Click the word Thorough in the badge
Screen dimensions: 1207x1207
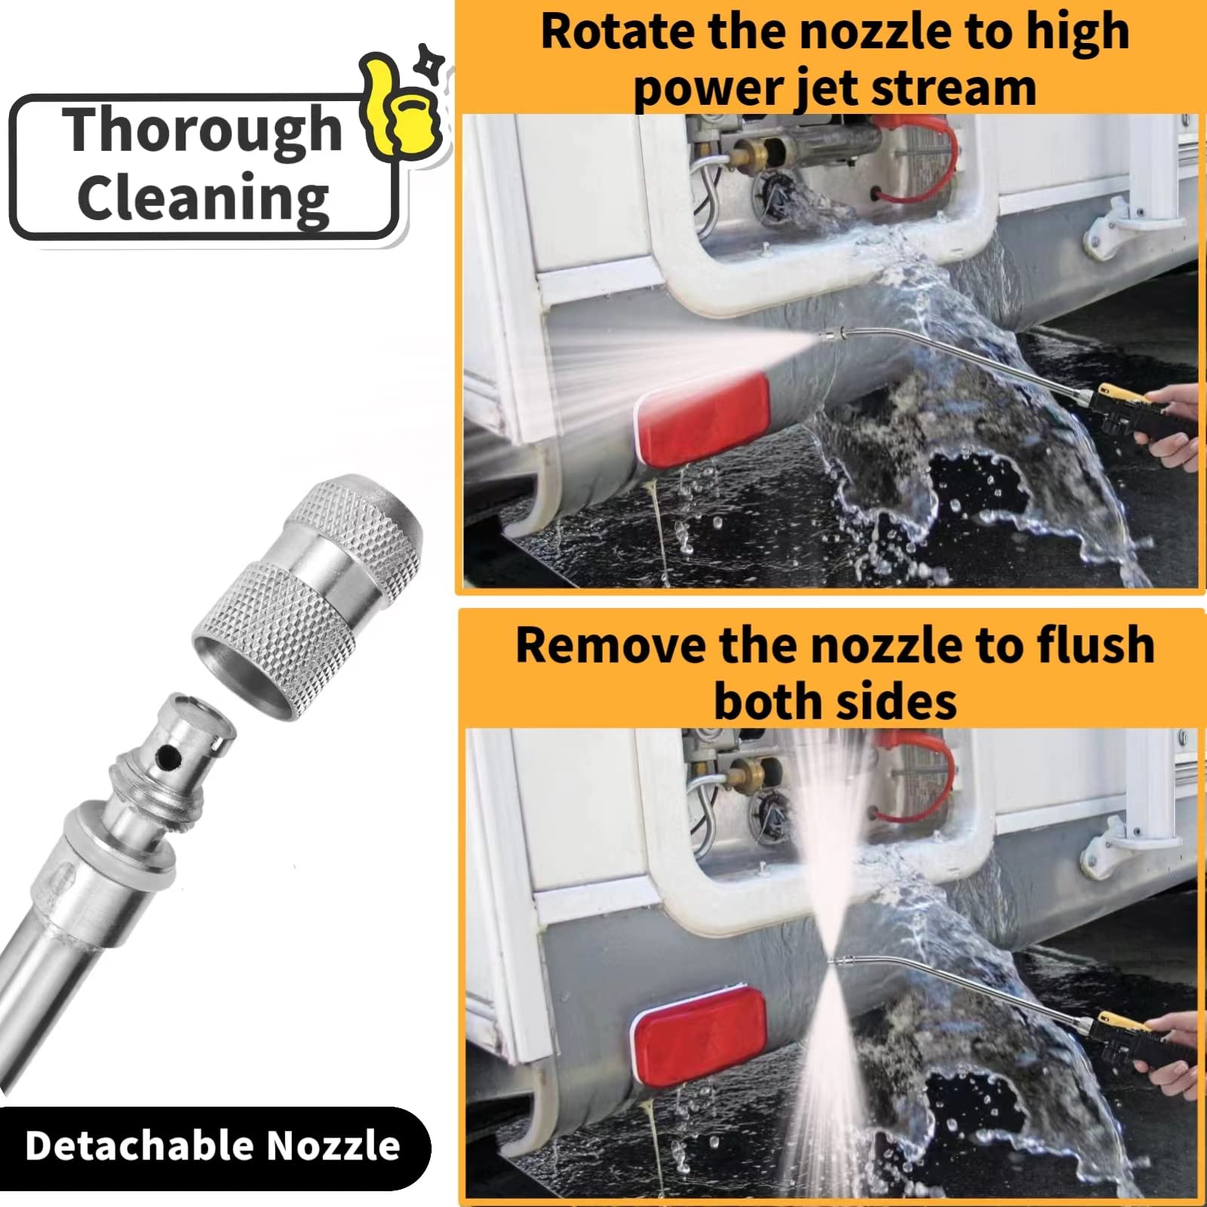pyautogui.click(x=202, y=130)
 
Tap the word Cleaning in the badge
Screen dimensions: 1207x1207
pyautogui.click(x=204, y=198)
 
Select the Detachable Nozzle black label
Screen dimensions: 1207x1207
pyautogui.click(x=213, y=1146)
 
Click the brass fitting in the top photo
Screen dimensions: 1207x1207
pyautogui.click(x=754, y=155)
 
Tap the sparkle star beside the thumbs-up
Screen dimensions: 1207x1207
pyautogui.click(x=432, y=62)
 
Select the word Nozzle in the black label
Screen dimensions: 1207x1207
pyautogui.click(x=333, y=1146)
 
